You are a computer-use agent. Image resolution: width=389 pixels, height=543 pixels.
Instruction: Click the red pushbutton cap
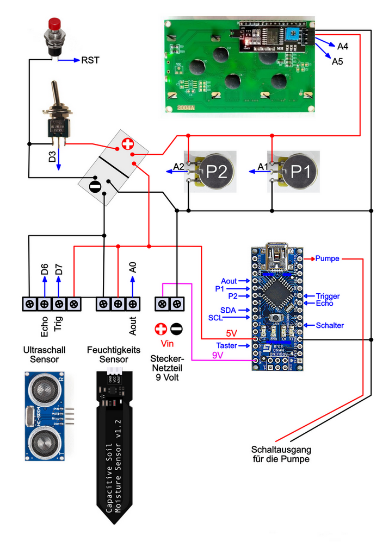(54, 24)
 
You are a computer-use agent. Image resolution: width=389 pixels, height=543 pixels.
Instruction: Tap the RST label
(90, 60)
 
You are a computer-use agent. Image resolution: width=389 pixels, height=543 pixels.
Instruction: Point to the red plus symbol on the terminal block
(126, 144)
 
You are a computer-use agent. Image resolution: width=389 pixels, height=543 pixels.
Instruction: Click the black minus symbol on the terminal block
(95, 186)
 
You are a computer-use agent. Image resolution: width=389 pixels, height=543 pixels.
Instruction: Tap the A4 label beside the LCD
(343, 46)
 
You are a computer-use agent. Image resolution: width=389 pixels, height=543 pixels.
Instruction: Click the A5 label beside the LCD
(337, 61)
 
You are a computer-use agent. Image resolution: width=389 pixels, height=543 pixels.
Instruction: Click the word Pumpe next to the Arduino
(327, 259)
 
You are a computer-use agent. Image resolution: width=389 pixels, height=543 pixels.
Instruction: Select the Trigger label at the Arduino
(329, 296)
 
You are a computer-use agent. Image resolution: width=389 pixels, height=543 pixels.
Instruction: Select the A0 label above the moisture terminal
(132, 267)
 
